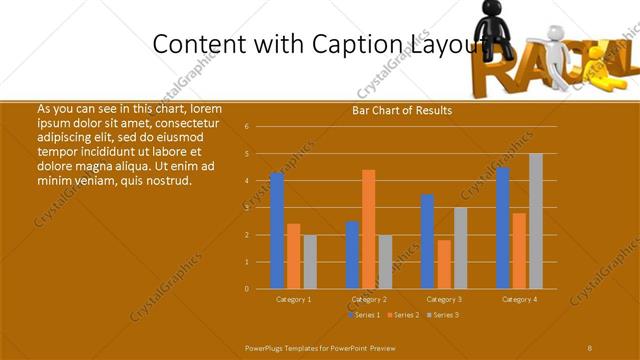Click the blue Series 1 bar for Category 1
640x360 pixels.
[x=277, y=231]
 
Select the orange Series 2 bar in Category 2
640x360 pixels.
[x=369, y=229]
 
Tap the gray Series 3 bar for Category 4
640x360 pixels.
[x=536, y=221]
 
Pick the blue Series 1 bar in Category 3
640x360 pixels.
[x=428, y=242]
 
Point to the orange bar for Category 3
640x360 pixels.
[x=444, y=264]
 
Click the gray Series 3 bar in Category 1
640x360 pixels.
[x=310, y=262]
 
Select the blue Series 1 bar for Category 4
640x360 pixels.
[x=503, y=228]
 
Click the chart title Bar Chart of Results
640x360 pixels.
[x=402, y=111]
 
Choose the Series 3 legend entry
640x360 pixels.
[x=444, y=315]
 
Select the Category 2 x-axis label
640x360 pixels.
[x=369, y=299]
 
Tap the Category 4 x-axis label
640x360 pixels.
[x=519, y=299]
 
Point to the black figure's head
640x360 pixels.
[x=493, y=13]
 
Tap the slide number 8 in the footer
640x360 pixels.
[x=590, y=347]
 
